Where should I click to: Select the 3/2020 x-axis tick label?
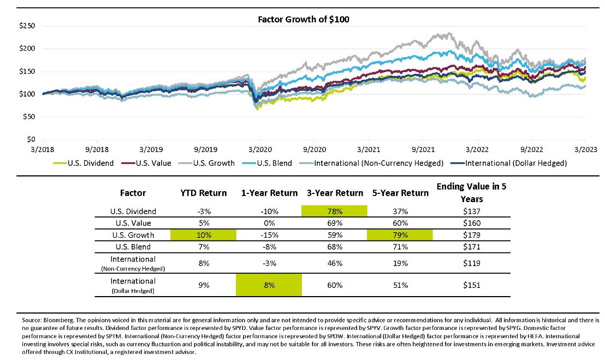(259, 149)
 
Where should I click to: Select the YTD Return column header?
(204, 192)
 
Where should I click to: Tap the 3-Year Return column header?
(335, 192)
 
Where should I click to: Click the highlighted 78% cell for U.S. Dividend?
(335, 211)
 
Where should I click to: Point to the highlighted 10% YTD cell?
(204, 235)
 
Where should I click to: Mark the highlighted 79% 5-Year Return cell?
(400, 235)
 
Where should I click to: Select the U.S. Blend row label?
(133, 247)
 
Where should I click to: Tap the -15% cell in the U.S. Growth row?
(269, 235)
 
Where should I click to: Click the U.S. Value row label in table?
(133, 223)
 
